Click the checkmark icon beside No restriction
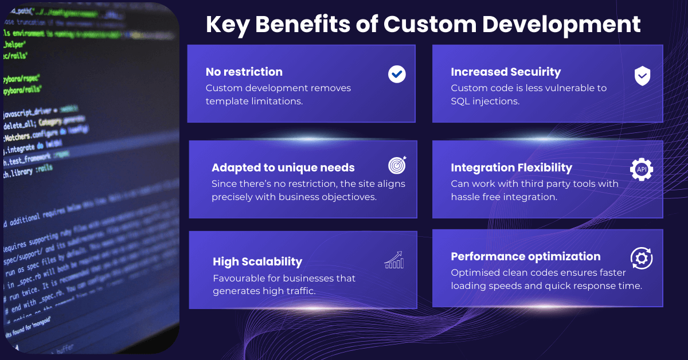(397, 74)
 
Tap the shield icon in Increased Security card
(642, 76)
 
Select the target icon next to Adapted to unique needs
(397, 166)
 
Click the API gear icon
(642, 170)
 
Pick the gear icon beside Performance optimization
(642, 259)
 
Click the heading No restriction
(244, 72)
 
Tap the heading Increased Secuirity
(506, 72)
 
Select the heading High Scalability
(257, 261)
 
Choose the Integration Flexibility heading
(511, 167)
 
